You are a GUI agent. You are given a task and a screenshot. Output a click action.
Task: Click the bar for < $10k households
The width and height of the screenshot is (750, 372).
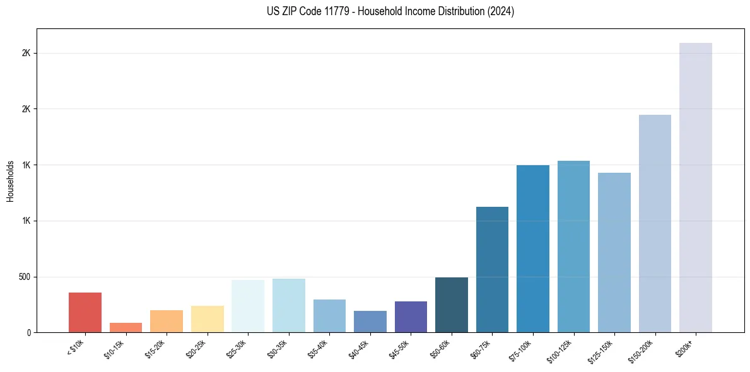85,312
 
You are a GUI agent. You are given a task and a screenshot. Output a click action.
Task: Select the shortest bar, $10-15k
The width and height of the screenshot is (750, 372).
126,327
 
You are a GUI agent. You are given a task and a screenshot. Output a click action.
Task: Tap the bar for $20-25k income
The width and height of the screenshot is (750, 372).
208,319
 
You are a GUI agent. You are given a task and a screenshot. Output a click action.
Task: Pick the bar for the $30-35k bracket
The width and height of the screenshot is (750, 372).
289,305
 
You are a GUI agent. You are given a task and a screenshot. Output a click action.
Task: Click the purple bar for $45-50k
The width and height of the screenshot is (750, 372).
411,317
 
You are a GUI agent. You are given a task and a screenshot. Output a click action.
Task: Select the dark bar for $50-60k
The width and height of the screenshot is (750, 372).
452,305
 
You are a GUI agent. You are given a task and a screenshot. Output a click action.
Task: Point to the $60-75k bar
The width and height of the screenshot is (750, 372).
492,269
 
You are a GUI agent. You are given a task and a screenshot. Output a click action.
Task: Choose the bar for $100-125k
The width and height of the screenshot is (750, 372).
573,247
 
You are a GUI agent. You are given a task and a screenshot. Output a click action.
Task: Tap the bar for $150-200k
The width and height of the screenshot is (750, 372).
655,223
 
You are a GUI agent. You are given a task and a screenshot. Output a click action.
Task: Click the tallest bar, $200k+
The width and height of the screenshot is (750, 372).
696,187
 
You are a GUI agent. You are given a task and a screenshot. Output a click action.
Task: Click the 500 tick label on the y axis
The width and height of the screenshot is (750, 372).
25,277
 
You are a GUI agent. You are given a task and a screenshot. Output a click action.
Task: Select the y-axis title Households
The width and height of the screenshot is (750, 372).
10,180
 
